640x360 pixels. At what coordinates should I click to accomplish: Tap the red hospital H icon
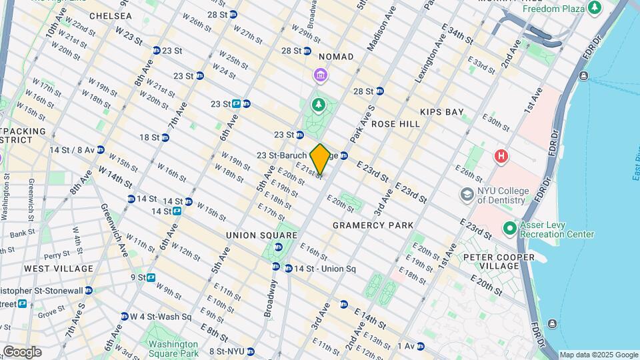pyautogui.click(x=501, y=157)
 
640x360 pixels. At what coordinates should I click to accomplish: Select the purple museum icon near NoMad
pyautogui.click(x=320, y=75)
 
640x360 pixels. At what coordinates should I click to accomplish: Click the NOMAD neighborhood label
pyautogui.click(x=336, y=57)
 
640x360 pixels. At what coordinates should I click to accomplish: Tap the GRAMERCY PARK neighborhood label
pyautogui.click(x=373, y=225)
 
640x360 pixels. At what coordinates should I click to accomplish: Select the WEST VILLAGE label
pyautogui.click(x=59, y=268)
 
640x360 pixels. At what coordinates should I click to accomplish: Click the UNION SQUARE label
pyautogui.click(x=261, y=235)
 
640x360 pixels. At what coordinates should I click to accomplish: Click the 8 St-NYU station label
pyautogui.click(x=227, y=351)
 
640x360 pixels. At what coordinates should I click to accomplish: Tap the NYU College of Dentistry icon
pyautogui.click(x=467, y=194)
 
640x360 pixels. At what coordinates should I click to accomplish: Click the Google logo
pyautogui.click(x=22, y=352)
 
